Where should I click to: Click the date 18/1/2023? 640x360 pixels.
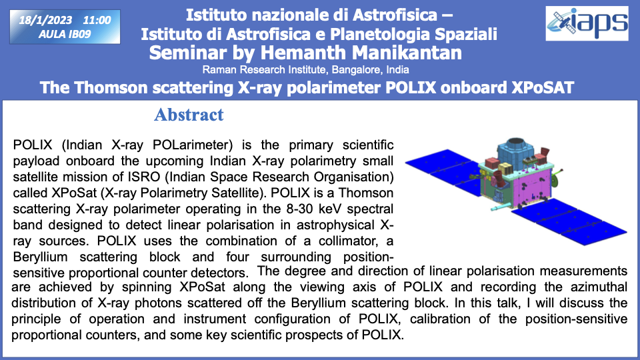click(45, 20)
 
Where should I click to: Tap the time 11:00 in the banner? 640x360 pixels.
click(97, 20)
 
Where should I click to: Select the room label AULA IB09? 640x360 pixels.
click(65, 34)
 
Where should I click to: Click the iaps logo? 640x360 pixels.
click(587, 23)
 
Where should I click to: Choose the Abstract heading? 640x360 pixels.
click(189, 115)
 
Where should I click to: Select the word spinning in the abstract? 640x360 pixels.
click(147, 287)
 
